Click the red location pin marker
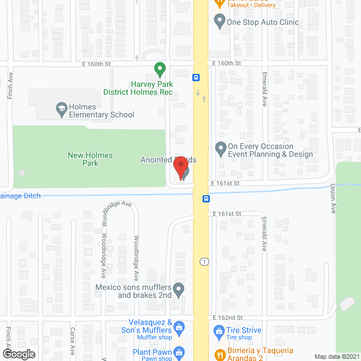(180, 168)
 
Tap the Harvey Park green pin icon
(160, 70)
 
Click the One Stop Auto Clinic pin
(220, 23)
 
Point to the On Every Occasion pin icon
(221, 149)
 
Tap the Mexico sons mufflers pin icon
(179, 290)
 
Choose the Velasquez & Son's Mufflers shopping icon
(179, 327)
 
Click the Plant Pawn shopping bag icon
(179, 353)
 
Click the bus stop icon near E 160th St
(196, 78)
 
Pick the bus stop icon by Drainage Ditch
(206, 199)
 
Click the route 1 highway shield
(204, 262)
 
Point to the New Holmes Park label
(90, 159)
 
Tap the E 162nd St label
(227, 318)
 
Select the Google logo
(18, 354)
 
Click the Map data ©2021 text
(336, 356)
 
